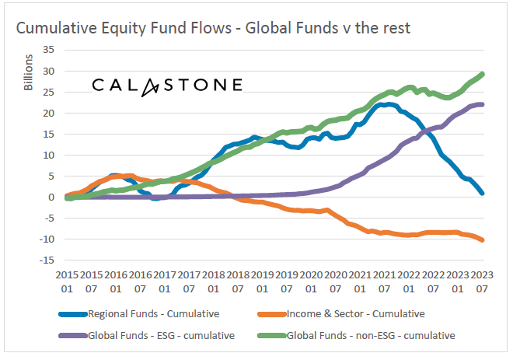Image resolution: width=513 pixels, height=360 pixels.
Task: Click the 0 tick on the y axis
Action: [50, 197]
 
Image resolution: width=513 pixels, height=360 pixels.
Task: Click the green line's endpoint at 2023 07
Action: [483, 75]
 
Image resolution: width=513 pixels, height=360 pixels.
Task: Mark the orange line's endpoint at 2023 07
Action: [483, 240]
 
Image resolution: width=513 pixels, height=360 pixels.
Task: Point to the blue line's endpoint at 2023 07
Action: [483, 193]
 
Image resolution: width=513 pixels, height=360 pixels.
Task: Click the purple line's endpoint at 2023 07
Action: [483, 104]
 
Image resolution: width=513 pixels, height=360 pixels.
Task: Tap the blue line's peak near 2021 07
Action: [384, 104]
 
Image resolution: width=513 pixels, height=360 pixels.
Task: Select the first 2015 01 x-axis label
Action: [68, 280]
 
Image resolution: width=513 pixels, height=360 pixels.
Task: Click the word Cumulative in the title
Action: [56, 28]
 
